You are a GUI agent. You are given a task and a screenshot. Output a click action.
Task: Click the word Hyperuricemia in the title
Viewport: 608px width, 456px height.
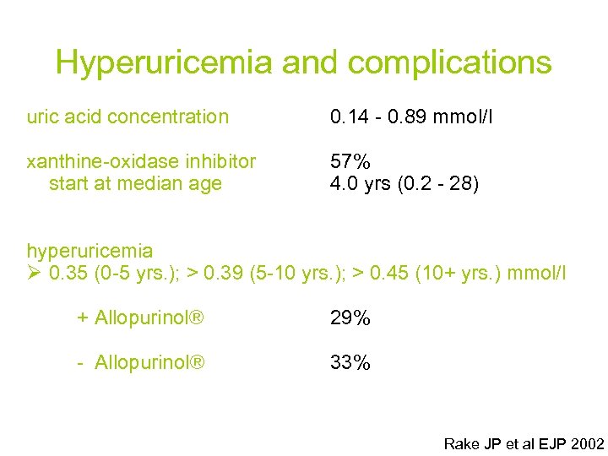point(165,62)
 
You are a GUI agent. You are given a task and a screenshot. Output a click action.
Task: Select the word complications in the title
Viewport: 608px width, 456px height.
point(448,62)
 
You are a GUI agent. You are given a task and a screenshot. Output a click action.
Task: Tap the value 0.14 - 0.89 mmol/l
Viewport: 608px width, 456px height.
point(411,117)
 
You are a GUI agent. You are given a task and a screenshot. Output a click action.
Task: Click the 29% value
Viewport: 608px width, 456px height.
point(350,318)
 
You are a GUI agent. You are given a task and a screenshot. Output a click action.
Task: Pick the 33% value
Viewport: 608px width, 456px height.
point(350,363)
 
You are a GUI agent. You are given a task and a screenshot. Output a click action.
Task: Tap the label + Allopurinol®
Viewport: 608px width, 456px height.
point(140,318)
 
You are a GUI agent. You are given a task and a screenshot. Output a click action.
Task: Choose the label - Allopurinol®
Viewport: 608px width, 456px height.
point(140,363)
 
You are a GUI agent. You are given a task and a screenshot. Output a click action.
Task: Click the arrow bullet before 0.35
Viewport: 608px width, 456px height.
point(35,274)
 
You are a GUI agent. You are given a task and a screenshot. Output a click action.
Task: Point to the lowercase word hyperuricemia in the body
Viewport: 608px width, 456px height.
point(90,251)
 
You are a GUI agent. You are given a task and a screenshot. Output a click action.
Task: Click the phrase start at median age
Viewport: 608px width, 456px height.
point(135,183)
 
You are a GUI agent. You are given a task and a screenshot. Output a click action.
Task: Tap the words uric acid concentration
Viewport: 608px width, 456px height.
point(128,117)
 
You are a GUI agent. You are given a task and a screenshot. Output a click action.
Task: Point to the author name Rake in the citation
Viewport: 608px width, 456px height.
point(461,443)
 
